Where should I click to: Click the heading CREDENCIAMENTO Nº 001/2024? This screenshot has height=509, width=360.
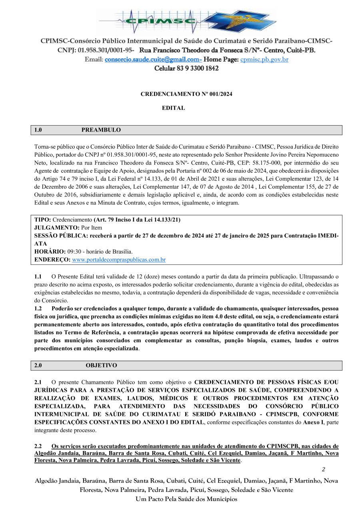click(x=186, y=94)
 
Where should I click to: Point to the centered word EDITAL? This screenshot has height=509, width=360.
click(x=173, y=108)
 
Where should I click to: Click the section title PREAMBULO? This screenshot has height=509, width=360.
click(x=101, y=130)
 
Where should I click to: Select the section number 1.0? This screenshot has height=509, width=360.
click(x=38, y=130)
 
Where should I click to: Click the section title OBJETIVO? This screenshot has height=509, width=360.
click(x=101, y=365)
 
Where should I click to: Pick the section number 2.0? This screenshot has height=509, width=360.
click(x=38, y=365)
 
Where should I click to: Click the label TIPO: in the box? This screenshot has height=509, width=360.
click(x=42, y=220)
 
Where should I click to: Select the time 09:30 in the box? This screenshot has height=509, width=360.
click(x=74, y=252)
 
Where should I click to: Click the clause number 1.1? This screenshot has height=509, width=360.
click(x=38, y=276)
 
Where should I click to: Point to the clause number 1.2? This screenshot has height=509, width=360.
click(x=38, y=308)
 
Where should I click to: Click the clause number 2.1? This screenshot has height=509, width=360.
click(x=38, y=382)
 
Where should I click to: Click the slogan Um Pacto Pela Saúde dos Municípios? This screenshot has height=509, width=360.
click(x=186, y=499)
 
